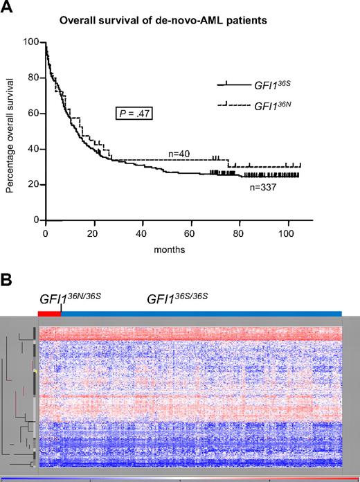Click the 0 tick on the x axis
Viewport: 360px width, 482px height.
46,231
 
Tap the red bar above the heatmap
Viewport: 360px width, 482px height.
50,314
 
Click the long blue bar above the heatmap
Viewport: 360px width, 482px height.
201,314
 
